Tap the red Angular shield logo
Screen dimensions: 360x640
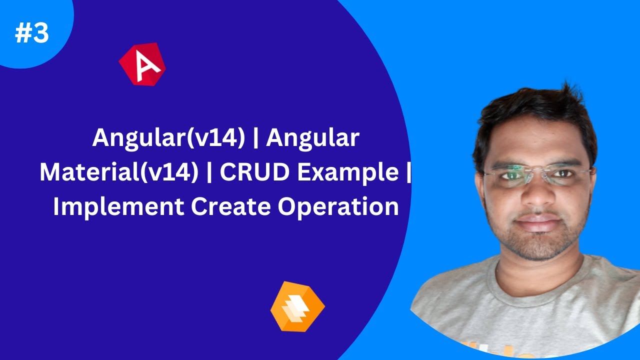pyautogui.click(x=142, y=64)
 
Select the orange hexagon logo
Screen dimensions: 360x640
pyautogui.click(x=297, y=306)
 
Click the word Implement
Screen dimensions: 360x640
pyautogui.click(x=116, y=206)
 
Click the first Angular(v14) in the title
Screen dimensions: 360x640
pyautogui.click(x=168, y=138)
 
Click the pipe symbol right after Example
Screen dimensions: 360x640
pyautogui.click(x=409, y=172)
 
